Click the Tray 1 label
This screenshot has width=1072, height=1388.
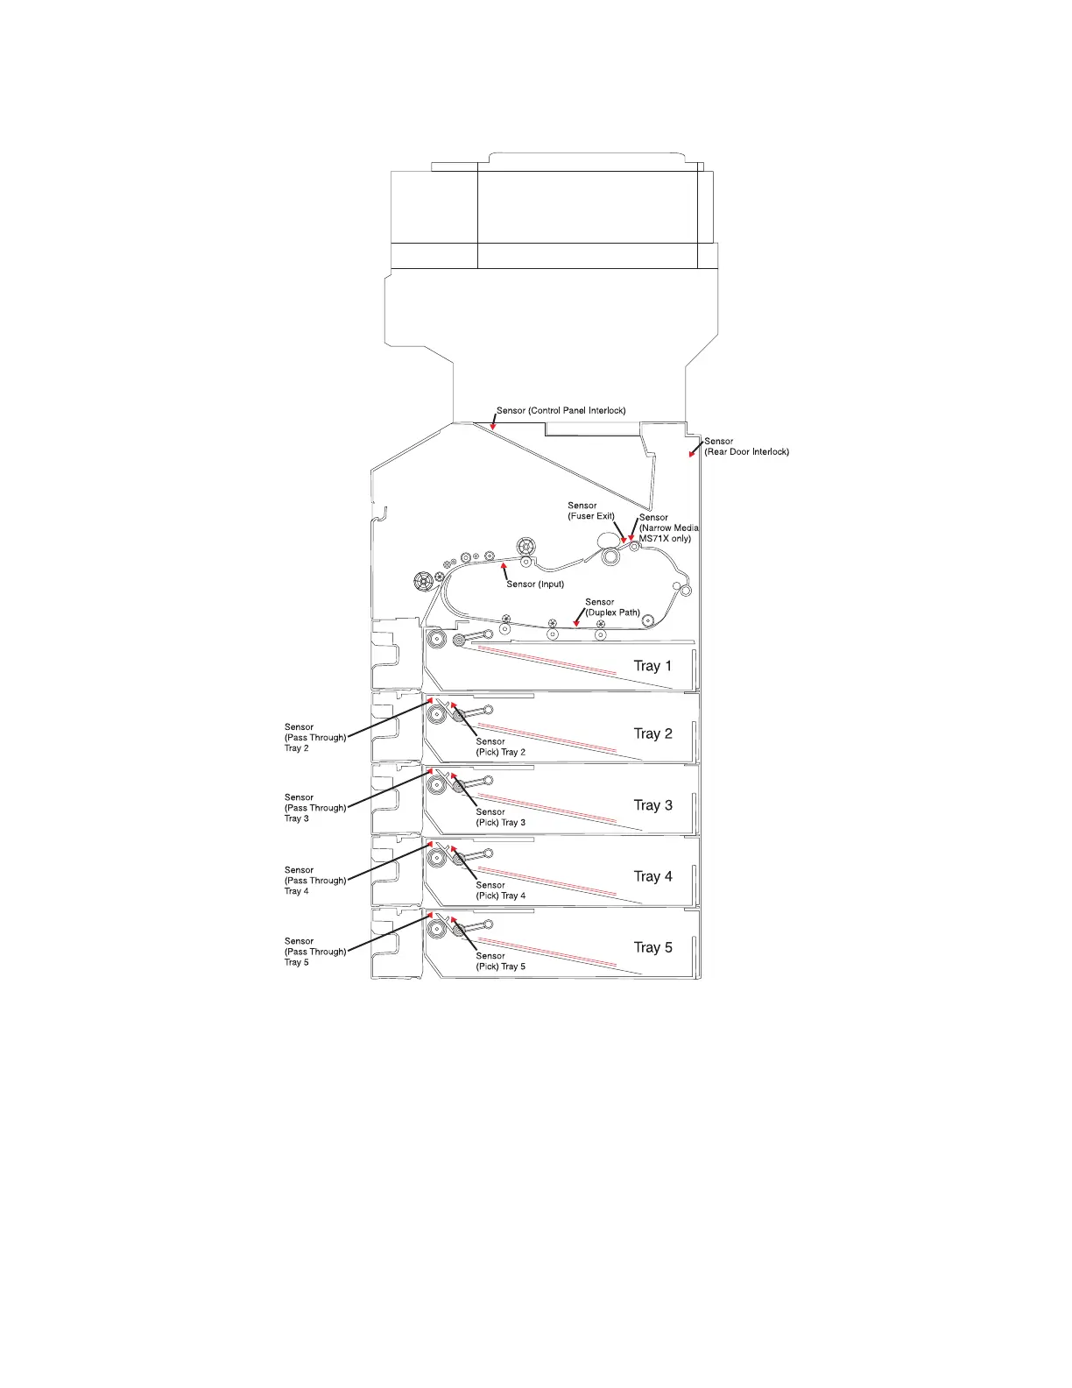[x=652, y=666]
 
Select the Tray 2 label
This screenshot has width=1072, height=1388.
[x=652, y=733]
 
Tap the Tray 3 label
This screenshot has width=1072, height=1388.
[x=652, y=805]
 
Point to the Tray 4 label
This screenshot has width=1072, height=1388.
[x=652, y=876]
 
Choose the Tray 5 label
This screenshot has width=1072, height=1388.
[x=652, y=947]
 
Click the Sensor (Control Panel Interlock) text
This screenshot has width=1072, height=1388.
[x=561, y=410]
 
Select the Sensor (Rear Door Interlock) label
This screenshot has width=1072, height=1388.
[x=746, y=447]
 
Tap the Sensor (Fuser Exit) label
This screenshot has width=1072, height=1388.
[x=590, y=511]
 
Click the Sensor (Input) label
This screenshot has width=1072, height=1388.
[x=535, y=584]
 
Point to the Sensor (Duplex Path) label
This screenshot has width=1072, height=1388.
[x=612, y=607]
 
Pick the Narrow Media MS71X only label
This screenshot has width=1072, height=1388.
[x=668, y=528]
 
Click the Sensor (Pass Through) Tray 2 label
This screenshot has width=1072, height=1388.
[x=314, y=738]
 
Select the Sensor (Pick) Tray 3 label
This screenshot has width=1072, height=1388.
[x=500, y=818]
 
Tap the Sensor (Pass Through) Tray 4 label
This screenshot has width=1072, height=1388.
[x=314, y=881]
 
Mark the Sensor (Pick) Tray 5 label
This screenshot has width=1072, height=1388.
[x=500, y=961]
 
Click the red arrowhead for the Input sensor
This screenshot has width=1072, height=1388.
[x=504, y=569]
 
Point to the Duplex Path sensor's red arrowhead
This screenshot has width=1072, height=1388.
[x=575, y=623]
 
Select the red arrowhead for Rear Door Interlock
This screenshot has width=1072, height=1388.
[x=691, y=454]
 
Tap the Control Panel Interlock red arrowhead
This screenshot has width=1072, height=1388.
[x=493, y=427]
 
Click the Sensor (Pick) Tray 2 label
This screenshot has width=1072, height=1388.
[x=500, y=747]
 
